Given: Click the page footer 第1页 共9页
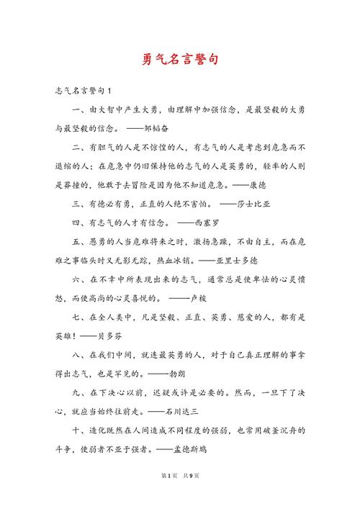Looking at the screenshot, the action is coord(180,496).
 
